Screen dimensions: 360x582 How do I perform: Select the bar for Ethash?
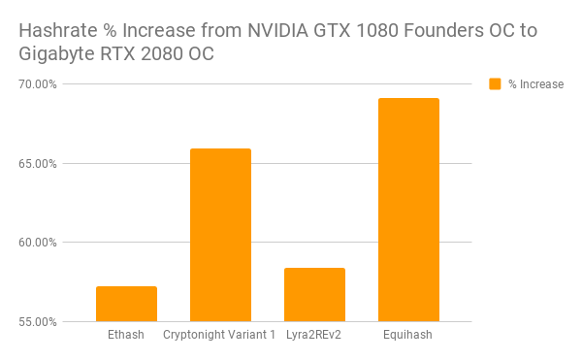tap(126, 304)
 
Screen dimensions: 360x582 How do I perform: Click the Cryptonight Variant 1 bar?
tap(220, 235)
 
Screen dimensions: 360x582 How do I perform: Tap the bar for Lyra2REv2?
tap(314, 294)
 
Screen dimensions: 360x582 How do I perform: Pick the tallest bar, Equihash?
tap(408, 210)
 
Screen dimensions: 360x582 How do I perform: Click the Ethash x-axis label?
tap(126, 336)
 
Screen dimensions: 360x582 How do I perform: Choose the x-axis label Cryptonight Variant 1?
tap(220, 336)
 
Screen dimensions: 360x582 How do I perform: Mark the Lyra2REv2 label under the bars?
tap(314, 336)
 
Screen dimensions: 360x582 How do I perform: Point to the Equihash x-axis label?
tap(408, 336)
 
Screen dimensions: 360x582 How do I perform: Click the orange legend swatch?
tap(495, 84)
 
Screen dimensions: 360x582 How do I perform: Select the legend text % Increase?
tap(535, 84)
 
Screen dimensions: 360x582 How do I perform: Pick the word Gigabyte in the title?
tap(57, 54)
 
